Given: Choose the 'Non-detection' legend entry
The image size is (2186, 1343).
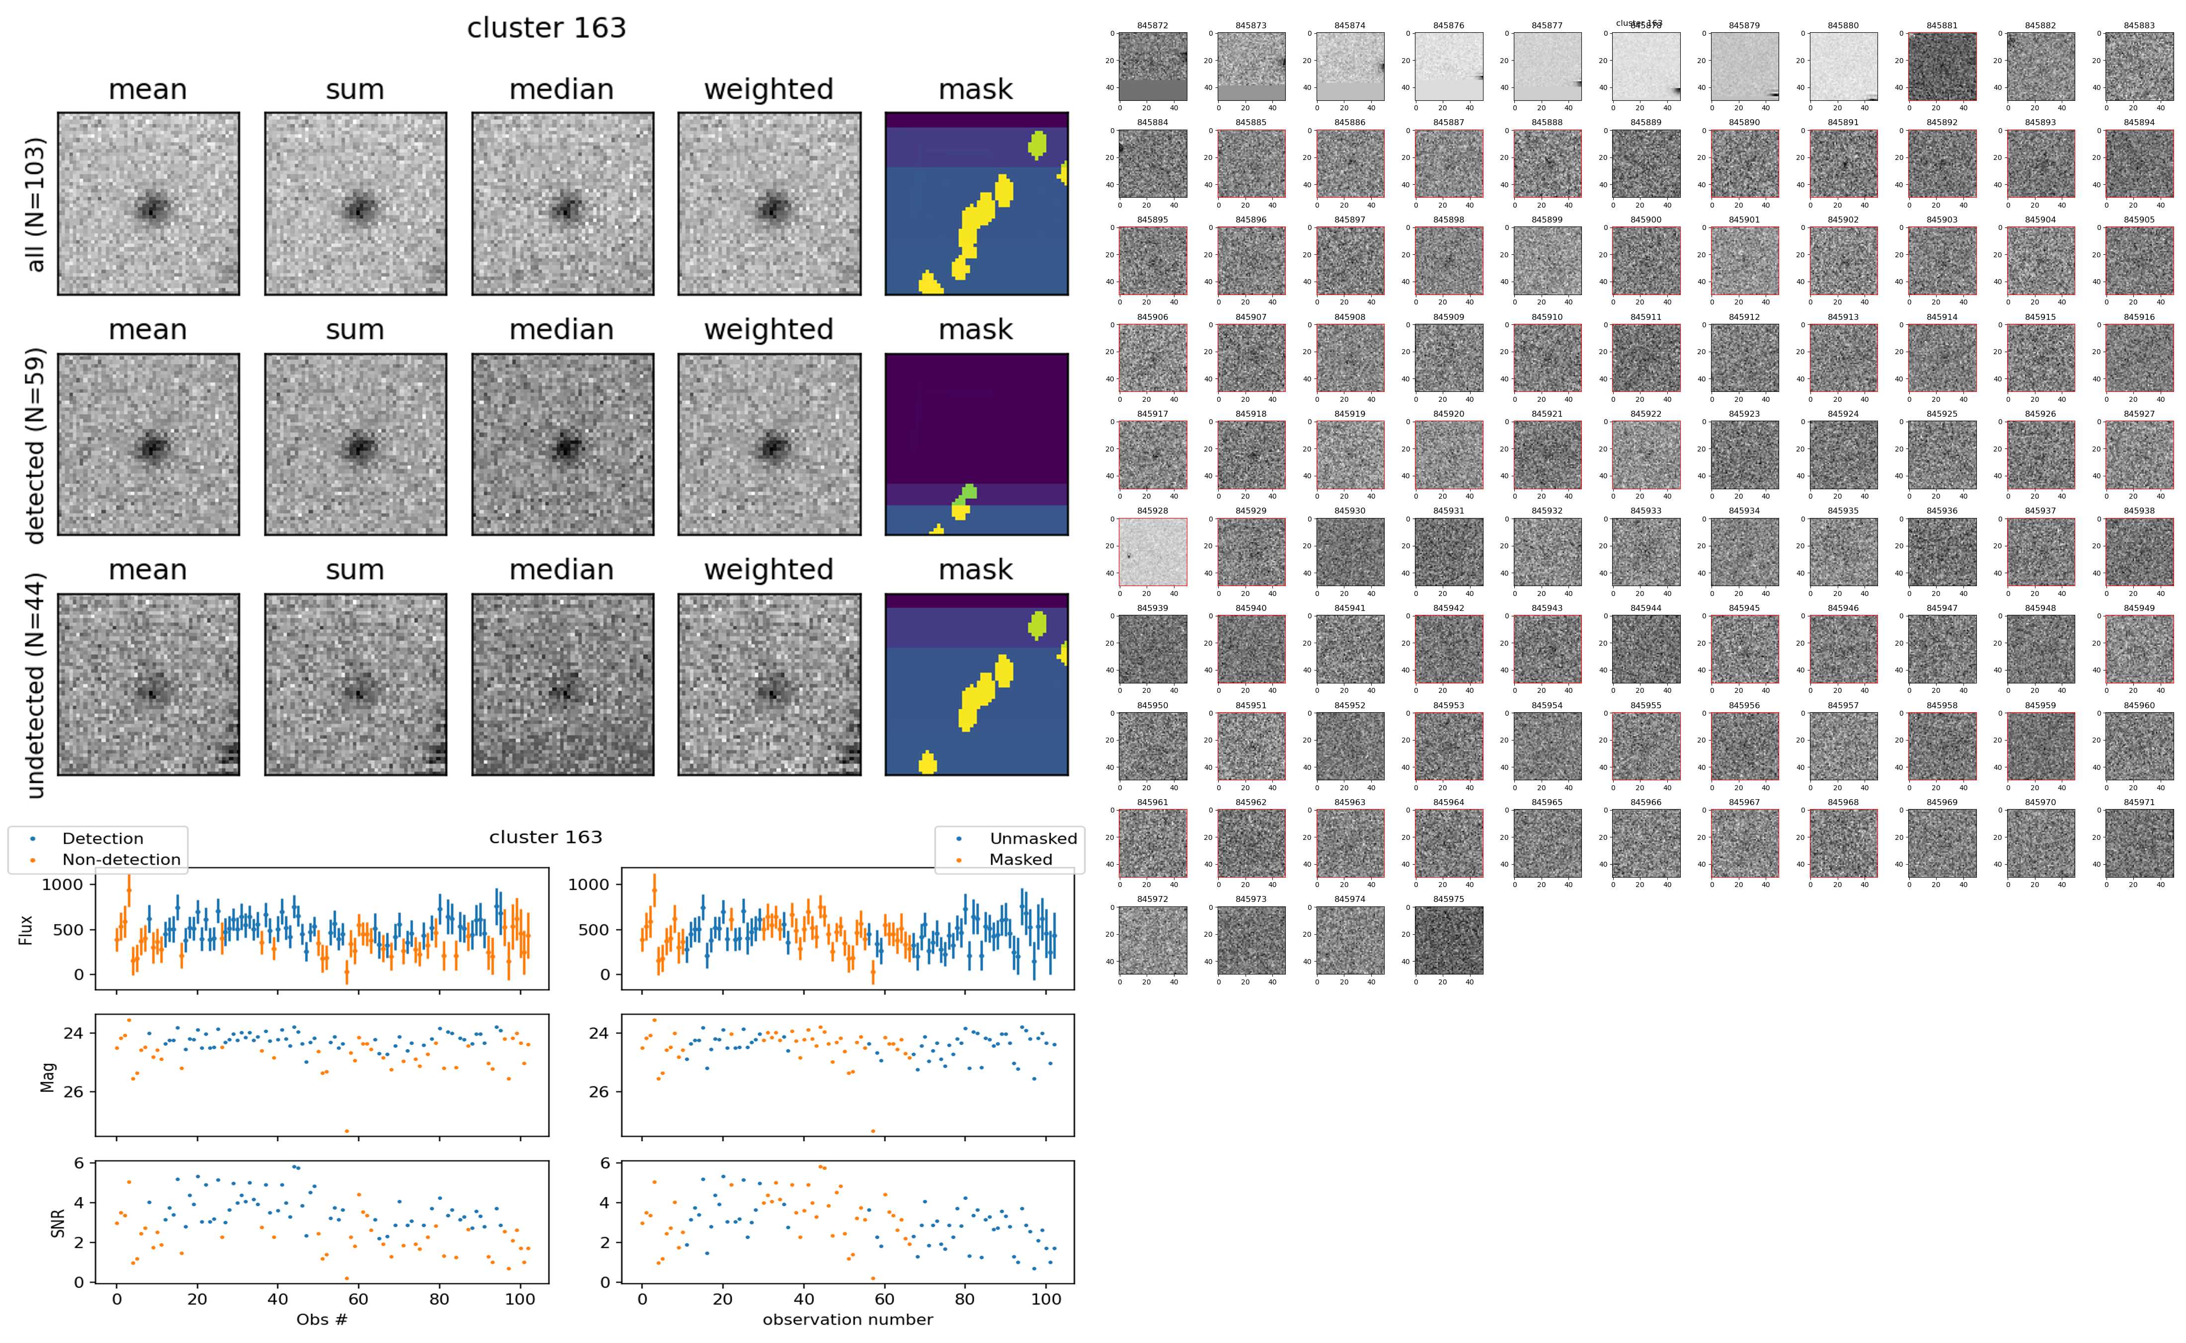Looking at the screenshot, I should (x=121, y=859).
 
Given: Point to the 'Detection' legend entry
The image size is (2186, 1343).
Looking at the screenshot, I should (x=102, y=838).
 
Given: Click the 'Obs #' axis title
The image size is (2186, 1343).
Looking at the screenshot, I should (x=321, y=1319).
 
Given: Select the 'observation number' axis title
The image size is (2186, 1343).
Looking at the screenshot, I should (x=848, y=1319).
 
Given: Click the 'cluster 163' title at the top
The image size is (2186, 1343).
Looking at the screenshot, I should (x=546, y=28).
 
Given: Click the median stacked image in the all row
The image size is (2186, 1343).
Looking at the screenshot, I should (x=562, y=204).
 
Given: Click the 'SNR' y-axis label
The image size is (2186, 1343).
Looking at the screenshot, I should (x=58, y=1222).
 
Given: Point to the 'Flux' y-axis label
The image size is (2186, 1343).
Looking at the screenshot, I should (x=26, y=929).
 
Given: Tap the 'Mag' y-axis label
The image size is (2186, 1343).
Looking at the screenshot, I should (x=49, y=1076).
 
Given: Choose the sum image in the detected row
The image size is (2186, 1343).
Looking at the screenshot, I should (x=355, y=444).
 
